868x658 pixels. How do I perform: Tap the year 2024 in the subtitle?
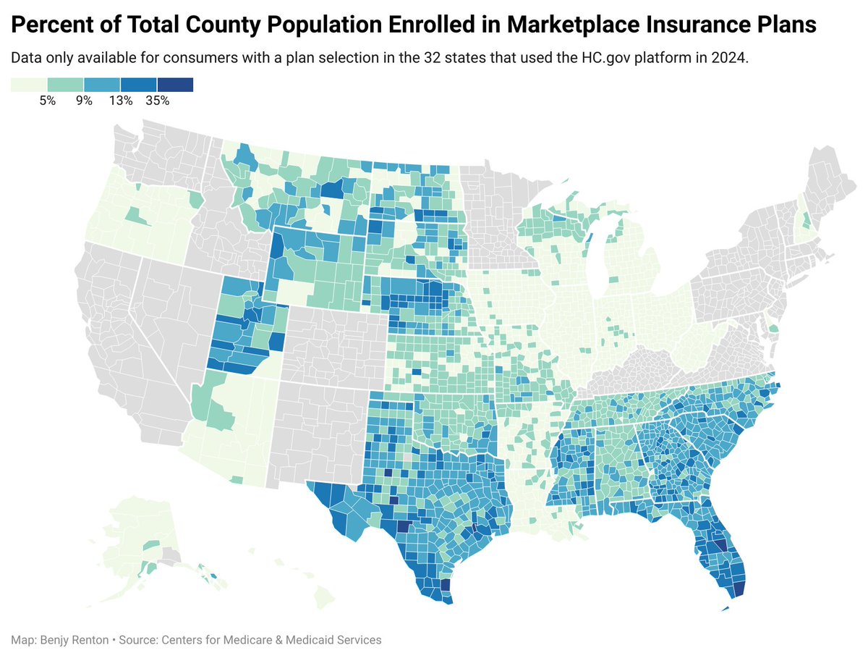(731, 59)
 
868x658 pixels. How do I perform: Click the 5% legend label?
(48, 101)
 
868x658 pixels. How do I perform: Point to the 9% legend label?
(84, 101)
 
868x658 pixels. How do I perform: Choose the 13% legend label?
(120, 101)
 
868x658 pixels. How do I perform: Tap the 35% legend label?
(157, 101)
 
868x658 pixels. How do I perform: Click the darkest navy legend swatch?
(175, 85)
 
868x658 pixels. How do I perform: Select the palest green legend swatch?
(29, 85)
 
